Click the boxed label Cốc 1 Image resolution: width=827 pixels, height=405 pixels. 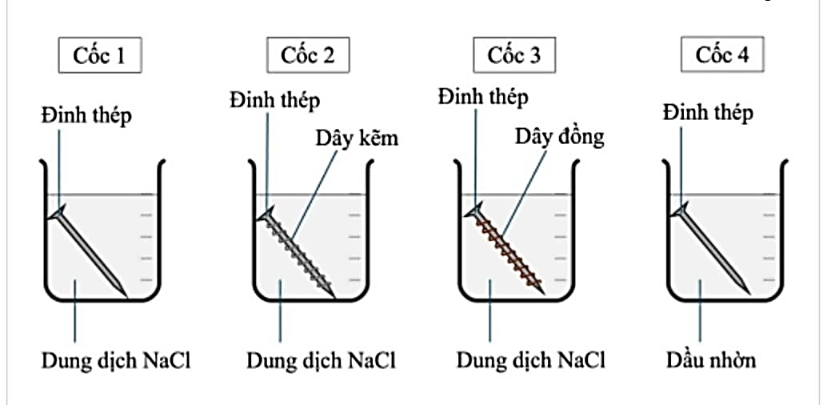(101, 56)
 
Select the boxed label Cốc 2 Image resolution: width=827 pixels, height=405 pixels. (308, 56)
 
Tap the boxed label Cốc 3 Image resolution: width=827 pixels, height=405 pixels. (514, 56)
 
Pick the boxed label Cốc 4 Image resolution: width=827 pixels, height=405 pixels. (721, 56)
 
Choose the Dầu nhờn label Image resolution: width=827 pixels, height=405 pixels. (710, 359)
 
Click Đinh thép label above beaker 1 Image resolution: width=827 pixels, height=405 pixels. (86, 114)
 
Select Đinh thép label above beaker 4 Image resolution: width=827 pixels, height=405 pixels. (708, 112)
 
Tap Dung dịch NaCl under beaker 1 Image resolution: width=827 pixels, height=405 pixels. (116, 360)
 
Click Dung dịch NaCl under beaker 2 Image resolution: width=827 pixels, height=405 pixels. (321, 360)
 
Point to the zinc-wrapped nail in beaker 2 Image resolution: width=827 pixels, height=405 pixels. (298, 249)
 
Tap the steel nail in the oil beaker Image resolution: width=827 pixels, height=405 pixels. (713, 249)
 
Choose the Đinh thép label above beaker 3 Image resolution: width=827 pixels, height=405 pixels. (483, 97)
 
